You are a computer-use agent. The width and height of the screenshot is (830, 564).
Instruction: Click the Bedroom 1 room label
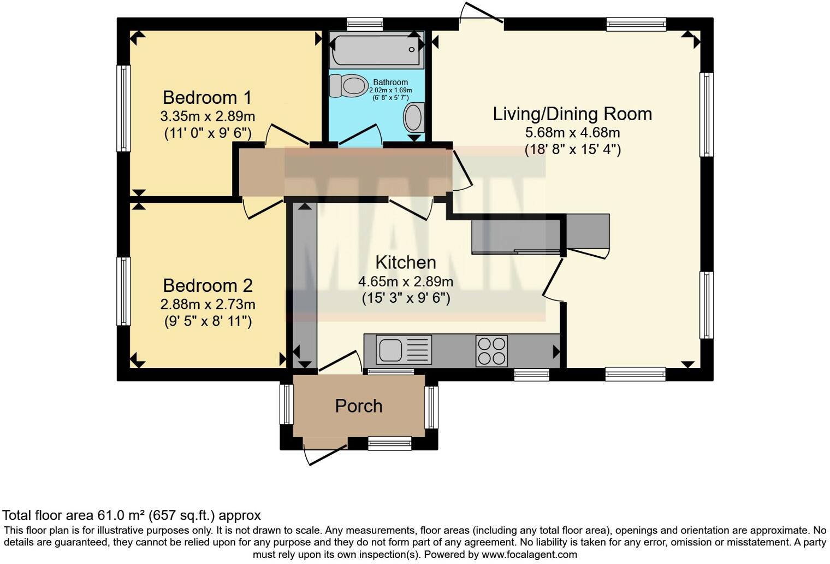pos(207,97)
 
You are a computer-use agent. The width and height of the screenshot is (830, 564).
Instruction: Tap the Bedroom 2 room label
pos(208,285)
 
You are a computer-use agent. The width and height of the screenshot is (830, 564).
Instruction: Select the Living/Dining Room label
pos(572,114)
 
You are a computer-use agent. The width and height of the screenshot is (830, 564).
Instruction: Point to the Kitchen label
pos(406,262)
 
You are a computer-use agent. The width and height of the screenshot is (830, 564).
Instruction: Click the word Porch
pos(359,406)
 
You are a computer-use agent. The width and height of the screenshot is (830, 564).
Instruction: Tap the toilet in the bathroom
pos(348,86)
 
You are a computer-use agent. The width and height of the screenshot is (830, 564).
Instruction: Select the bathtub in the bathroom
pos(377,50)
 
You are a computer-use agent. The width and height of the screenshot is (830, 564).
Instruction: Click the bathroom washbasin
pos(414,117)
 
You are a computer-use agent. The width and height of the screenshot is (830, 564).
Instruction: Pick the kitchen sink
pos(404,350)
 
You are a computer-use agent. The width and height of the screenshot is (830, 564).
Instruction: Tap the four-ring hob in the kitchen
pos(491,351)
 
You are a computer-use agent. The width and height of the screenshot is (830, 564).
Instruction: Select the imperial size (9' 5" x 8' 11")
pos(208,321)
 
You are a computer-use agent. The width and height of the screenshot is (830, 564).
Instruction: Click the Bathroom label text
pos(390,83)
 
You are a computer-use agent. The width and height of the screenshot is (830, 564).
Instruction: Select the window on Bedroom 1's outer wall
pos(124,109)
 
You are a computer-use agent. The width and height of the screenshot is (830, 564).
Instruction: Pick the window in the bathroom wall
pos(365,25)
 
